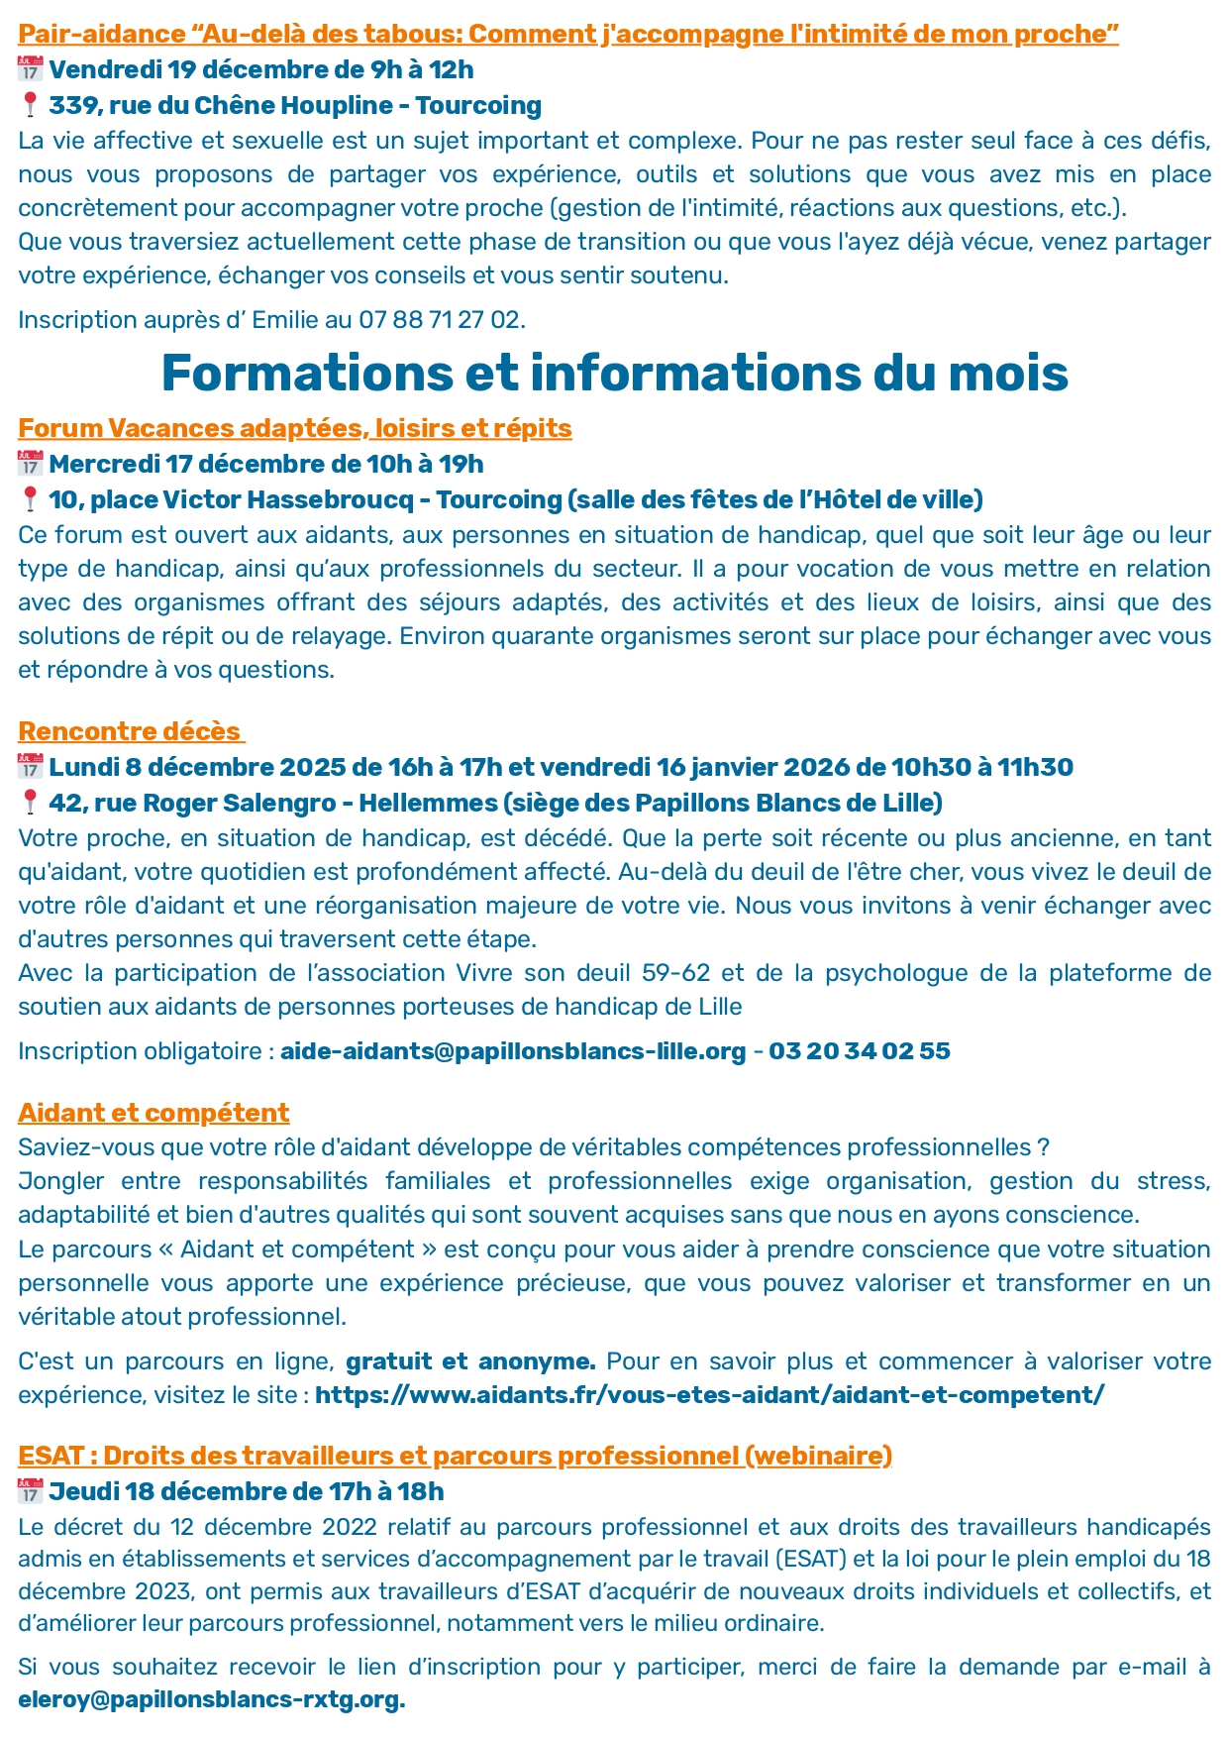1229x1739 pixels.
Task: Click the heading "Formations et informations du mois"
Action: coord(614,374)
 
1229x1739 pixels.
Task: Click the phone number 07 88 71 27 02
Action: coord(440,320)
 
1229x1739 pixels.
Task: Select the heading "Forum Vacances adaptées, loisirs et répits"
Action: coord(295,428)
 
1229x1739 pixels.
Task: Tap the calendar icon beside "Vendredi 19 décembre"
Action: coord(30,69)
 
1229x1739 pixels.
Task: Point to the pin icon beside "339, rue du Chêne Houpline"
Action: coord(30,105)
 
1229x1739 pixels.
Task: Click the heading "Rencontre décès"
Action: coord(130,731)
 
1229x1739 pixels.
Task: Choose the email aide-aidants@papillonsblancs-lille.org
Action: coord(513,1051)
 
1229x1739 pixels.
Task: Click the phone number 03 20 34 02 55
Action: coord(859,1051)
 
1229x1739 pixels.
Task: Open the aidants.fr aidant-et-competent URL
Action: coord(709,1395)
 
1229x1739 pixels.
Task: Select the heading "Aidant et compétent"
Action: coord(154,1113)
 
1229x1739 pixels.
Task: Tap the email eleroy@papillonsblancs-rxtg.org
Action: coord(211,1700)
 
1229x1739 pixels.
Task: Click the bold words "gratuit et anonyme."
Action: coord(470,1361)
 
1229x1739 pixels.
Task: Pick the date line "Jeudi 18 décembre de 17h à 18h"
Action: coord(246,1491)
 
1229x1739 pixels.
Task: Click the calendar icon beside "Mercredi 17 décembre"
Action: coord(30,464)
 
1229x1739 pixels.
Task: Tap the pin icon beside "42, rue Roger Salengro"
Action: coord(30,803)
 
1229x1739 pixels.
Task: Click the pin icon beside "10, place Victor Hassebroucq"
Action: coord(30,499)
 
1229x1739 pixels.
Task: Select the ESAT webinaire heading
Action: coord(455,1456)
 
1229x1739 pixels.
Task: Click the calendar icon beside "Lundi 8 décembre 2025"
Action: coord(30,767)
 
